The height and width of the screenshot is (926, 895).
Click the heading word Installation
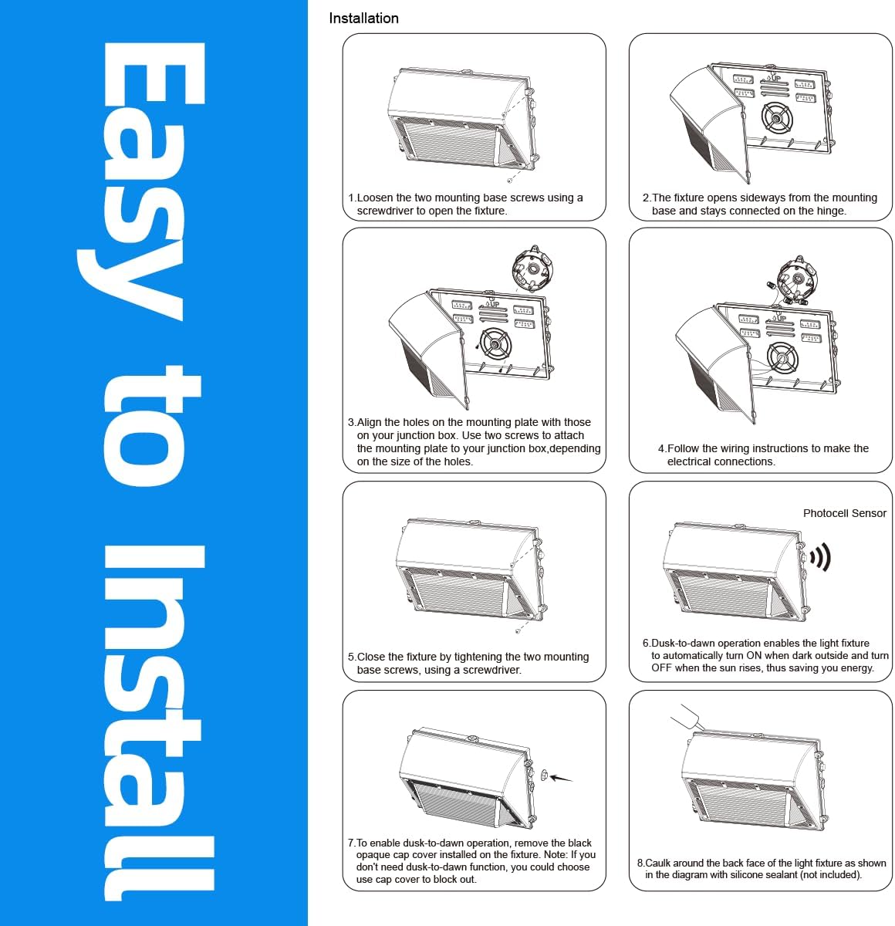pos(363,18)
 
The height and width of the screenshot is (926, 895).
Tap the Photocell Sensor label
pos(844,513)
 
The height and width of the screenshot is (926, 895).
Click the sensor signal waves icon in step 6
pos(820,556)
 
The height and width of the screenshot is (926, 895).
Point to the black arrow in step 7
pos(561,777)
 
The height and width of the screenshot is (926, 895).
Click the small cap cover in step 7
pos(544,774)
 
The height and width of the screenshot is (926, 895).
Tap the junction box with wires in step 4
pos(795,278)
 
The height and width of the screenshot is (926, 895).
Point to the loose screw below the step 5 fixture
pos(518,631)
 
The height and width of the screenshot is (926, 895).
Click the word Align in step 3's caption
pos(369,422)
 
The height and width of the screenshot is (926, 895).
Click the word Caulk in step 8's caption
pos(658,863)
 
